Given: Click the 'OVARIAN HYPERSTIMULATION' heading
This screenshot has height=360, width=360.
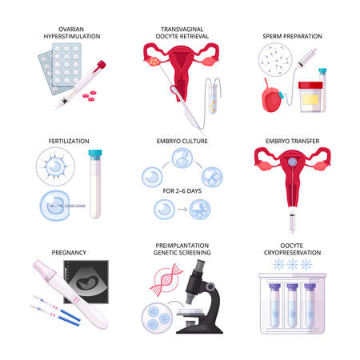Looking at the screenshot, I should [x=61, y=32].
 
